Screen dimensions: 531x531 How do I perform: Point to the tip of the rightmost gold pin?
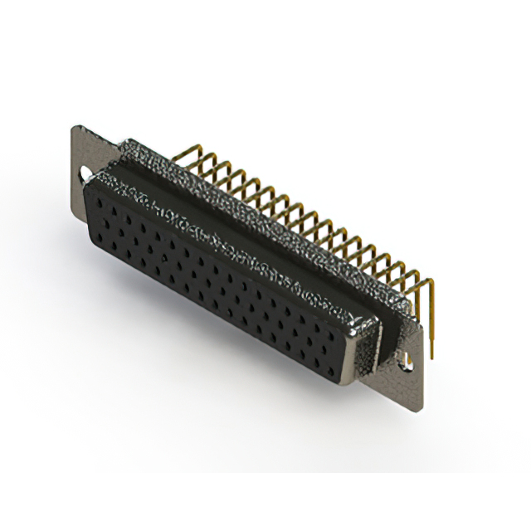431,356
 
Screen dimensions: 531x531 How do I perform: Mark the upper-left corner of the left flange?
74,127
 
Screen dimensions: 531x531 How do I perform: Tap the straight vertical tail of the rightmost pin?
431,324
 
